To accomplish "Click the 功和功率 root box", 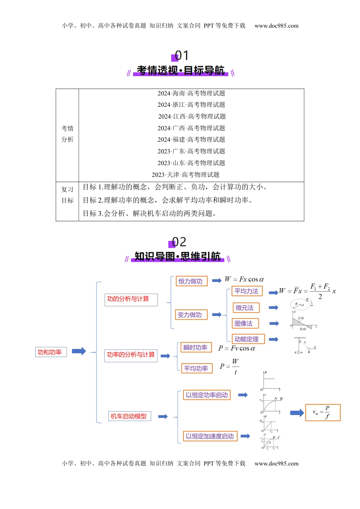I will tap(50, 352).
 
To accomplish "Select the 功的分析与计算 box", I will tap(131, 299).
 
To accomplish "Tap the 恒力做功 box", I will tap(191, 281).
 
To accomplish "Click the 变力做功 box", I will tap(191, 315).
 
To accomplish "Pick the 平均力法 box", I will tap(247, 291).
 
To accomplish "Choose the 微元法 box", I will tap(246, 308).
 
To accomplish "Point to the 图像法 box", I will tap(245, 323).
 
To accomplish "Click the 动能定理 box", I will tap(247, 339).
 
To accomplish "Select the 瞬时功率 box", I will tap(195, 348).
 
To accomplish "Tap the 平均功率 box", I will tap(196, 368).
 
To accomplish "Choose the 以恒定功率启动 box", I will tap(207, 395).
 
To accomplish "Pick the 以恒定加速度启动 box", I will tap(210, 436).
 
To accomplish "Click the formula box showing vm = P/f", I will tap(323, 412).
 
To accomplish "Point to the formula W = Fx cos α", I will tap(244, 279).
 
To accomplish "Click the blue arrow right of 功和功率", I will tap(79, 351).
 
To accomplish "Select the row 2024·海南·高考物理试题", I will tap(191, 93).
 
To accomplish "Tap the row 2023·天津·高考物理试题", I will tap(186, 175).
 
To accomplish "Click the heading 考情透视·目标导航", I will tap(180, 70).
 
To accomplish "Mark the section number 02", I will tap(179, 242).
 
